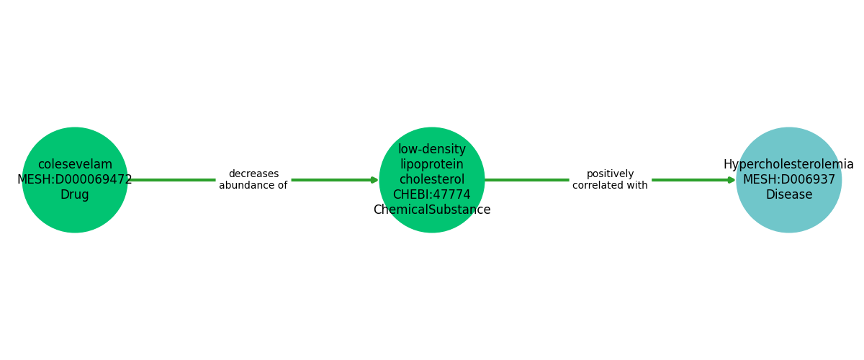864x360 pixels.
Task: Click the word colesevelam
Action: (x=75, y=165)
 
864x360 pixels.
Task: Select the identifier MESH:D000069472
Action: (x=75, y=180)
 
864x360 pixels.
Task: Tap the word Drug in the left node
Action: (x=75, y=195)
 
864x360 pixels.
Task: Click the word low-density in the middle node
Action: (x=432, y=150)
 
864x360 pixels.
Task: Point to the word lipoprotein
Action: (x=432, y=165)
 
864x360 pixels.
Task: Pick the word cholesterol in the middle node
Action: (x=432, y=180)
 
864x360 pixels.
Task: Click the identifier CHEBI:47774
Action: (x=432, y=195)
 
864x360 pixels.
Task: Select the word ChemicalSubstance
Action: (x=432, y=210)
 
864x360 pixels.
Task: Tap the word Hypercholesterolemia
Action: (x=788, y=165)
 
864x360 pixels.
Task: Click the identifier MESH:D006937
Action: (x=789, y=180)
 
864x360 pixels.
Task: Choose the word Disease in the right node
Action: (x=789, y=195)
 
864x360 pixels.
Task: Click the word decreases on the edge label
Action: (x=253, y=174)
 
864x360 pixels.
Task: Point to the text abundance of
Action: (x=253, y=186)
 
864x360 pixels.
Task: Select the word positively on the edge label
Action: (x=611, y=174)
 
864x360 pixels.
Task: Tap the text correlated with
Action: (x=611, y=186)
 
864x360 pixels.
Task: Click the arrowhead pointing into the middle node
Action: (x=374, y=180)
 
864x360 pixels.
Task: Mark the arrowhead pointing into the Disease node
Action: (x=732, y=180)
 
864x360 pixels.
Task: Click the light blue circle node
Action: (x=789, y=216)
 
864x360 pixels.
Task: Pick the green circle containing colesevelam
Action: (x=75, y=216)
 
